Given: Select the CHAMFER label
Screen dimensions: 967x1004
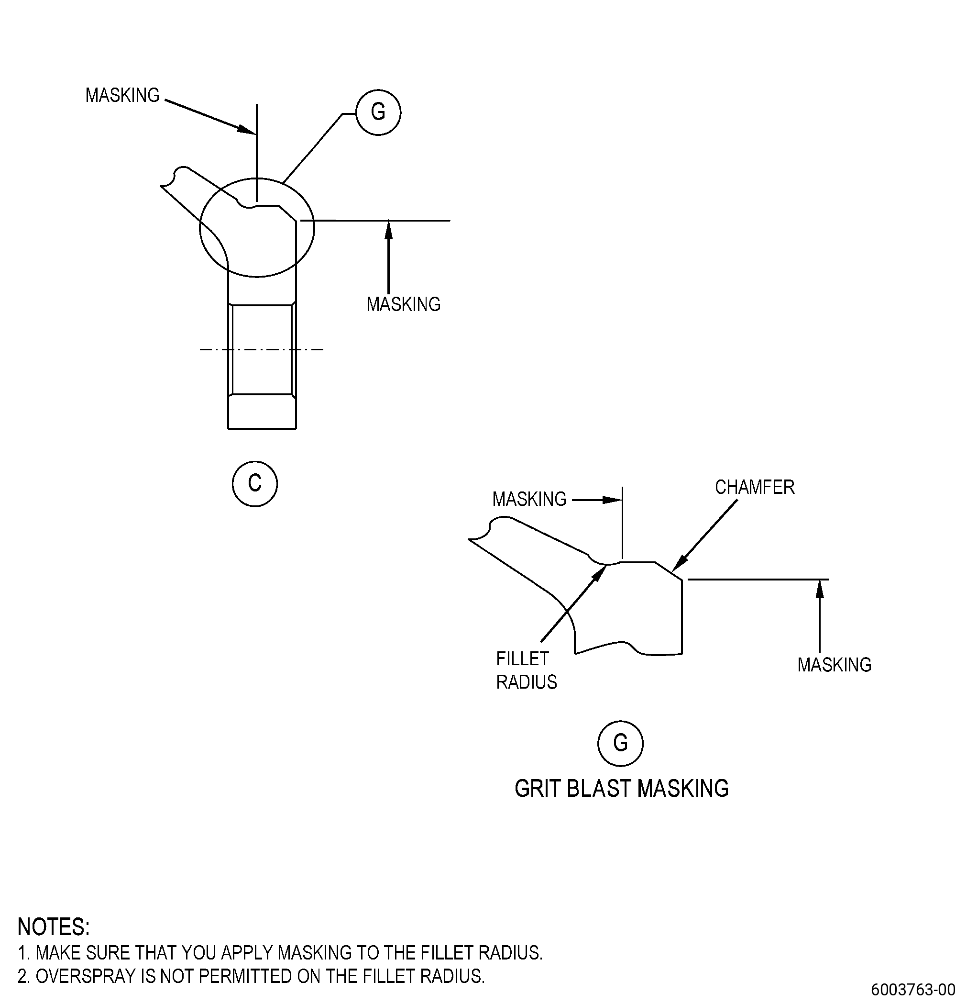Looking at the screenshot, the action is click(x=754, y=487).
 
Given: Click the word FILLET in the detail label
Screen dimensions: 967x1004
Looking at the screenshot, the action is click(x=522, y=658).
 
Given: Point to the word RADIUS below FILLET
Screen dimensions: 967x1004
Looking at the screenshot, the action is click(x=526, y=682).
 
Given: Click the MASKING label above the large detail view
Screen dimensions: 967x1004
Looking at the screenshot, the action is click(x=529, y=499).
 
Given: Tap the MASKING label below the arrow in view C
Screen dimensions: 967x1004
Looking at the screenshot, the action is click(x=403, y=304).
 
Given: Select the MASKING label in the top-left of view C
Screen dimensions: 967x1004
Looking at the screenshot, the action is click(x=122, y=95).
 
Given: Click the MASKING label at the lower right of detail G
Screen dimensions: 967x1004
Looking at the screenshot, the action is click(x=834, y=665).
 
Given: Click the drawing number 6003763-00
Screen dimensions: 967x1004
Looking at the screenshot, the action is click(x=913, y=989).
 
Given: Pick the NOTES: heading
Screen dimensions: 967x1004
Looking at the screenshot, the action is click(x=54, y=927).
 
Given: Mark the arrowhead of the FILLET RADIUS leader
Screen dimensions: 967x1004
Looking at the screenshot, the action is click(x=601, y=573).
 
